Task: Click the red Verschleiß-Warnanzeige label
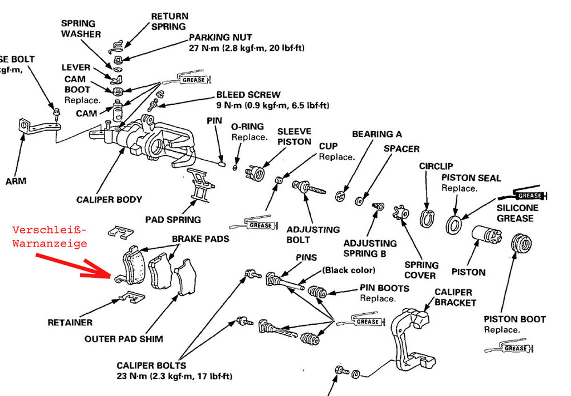pos(50,236)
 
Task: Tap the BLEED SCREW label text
pos(248,94)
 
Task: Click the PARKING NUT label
pos(220,38)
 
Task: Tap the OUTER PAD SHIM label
pos(124,338)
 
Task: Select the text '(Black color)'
pos(348,270)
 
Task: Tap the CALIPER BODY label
pos(109,200)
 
